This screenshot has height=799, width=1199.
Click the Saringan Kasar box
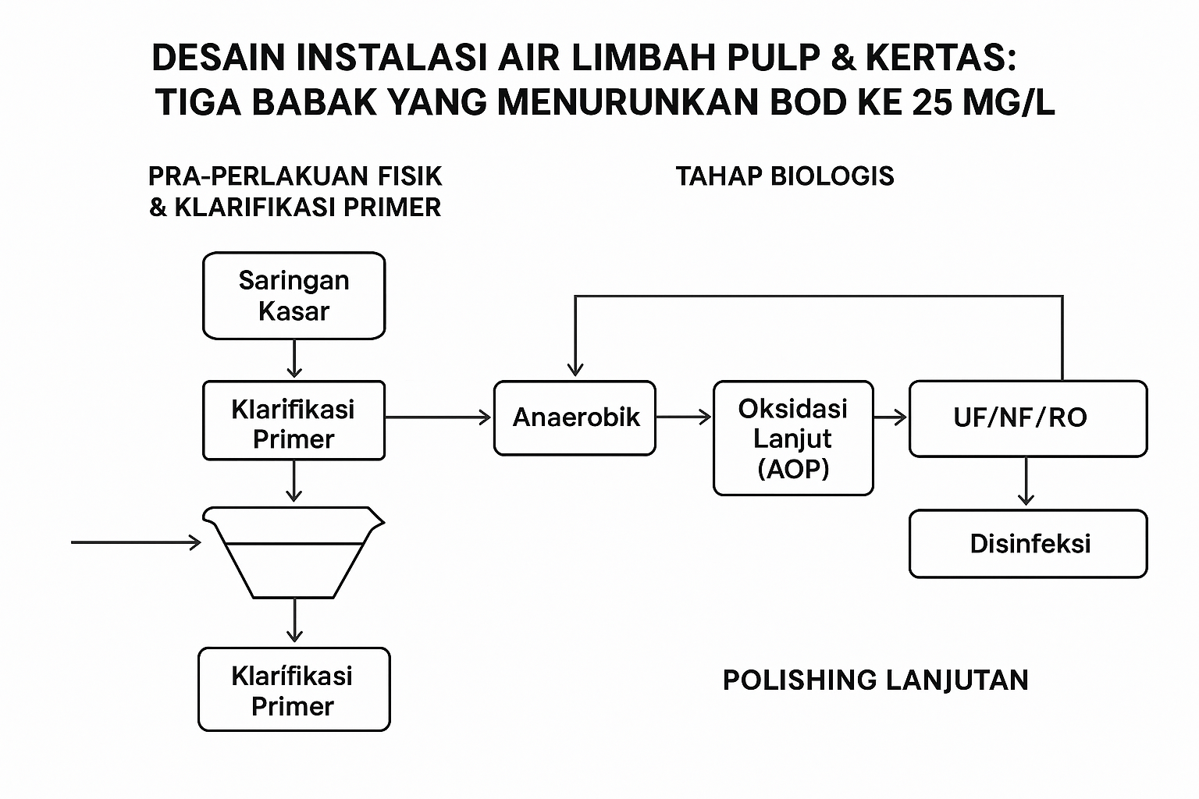[294, 296]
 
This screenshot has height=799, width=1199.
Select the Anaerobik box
[575, 417]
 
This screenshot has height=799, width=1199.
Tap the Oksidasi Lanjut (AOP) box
[793, 438]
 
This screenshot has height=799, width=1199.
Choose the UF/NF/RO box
[1027, 417]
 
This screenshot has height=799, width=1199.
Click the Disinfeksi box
[1027, 544]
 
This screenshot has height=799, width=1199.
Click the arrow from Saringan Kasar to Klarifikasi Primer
[294, 359]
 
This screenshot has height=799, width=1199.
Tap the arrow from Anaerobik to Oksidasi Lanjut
[684, 417]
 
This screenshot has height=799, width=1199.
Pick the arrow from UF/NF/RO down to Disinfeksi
[1026, 482]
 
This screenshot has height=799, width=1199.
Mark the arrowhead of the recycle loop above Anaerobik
[575, 368]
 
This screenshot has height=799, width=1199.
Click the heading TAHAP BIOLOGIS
[785, 176]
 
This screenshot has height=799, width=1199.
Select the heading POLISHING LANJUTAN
[875, 680]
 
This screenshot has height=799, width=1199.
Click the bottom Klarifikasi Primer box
[294, 690]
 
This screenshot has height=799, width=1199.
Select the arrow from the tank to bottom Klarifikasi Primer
[294, 621]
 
